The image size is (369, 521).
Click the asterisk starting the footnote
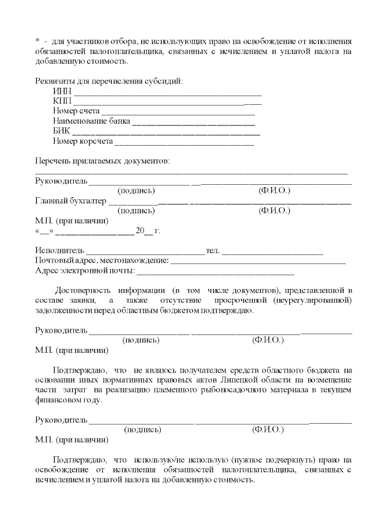pos(37,41)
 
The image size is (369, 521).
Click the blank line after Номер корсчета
pos(184,142)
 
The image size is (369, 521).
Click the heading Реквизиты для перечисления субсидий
pos(109,81)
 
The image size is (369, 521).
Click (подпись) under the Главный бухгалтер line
pos(136,211)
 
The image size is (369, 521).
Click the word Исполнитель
pos(59,251)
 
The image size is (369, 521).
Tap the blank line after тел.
pos(272,252)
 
